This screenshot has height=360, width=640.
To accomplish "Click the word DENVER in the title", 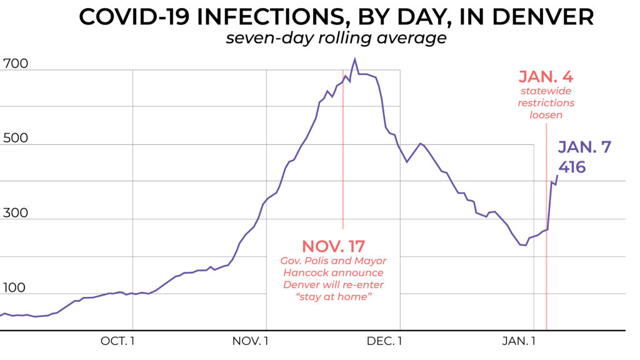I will tap(539, 17).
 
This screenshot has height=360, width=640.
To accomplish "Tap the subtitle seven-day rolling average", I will tap(336, 38).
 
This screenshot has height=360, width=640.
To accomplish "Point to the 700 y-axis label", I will tap(16, 64).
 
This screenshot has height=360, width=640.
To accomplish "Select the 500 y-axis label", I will tap(16, 138).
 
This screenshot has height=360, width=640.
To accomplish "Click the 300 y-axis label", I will tap(16, 213).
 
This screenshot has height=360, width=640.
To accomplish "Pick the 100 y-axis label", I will tap(16, 288).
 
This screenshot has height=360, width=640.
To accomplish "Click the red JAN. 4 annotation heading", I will tap(546, 77).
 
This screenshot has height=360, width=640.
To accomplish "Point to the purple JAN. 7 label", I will tap(584, 147).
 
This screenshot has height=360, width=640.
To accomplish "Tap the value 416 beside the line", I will tap(572, 167).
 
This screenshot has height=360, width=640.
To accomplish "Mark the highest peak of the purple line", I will tap(355, 59).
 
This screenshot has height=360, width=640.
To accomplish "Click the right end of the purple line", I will tap(557, 176).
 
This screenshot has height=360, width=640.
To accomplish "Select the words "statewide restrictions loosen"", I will tap(546, 103).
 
